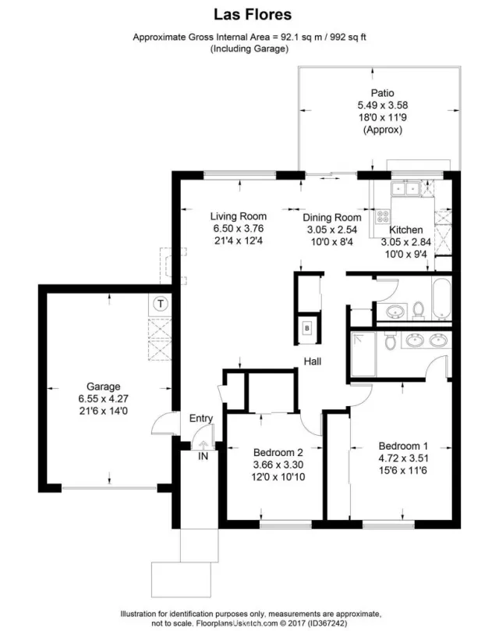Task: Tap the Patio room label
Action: [x=382, y=93]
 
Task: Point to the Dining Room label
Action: [x=331, y=218]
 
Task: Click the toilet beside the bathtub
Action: [x=419, y=312]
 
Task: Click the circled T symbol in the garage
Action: [x=160, y=303]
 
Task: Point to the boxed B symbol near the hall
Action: [x=307, y=329]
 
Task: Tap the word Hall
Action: [x=313, y=362]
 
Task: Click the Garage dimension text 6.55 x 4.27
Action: [x=103, y=397]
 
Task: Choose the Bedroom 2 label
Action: [x=278, y=452]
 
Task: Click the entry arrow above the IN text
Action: [x=203, y=445]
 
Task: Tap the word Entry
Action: [x=201, y=419]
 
